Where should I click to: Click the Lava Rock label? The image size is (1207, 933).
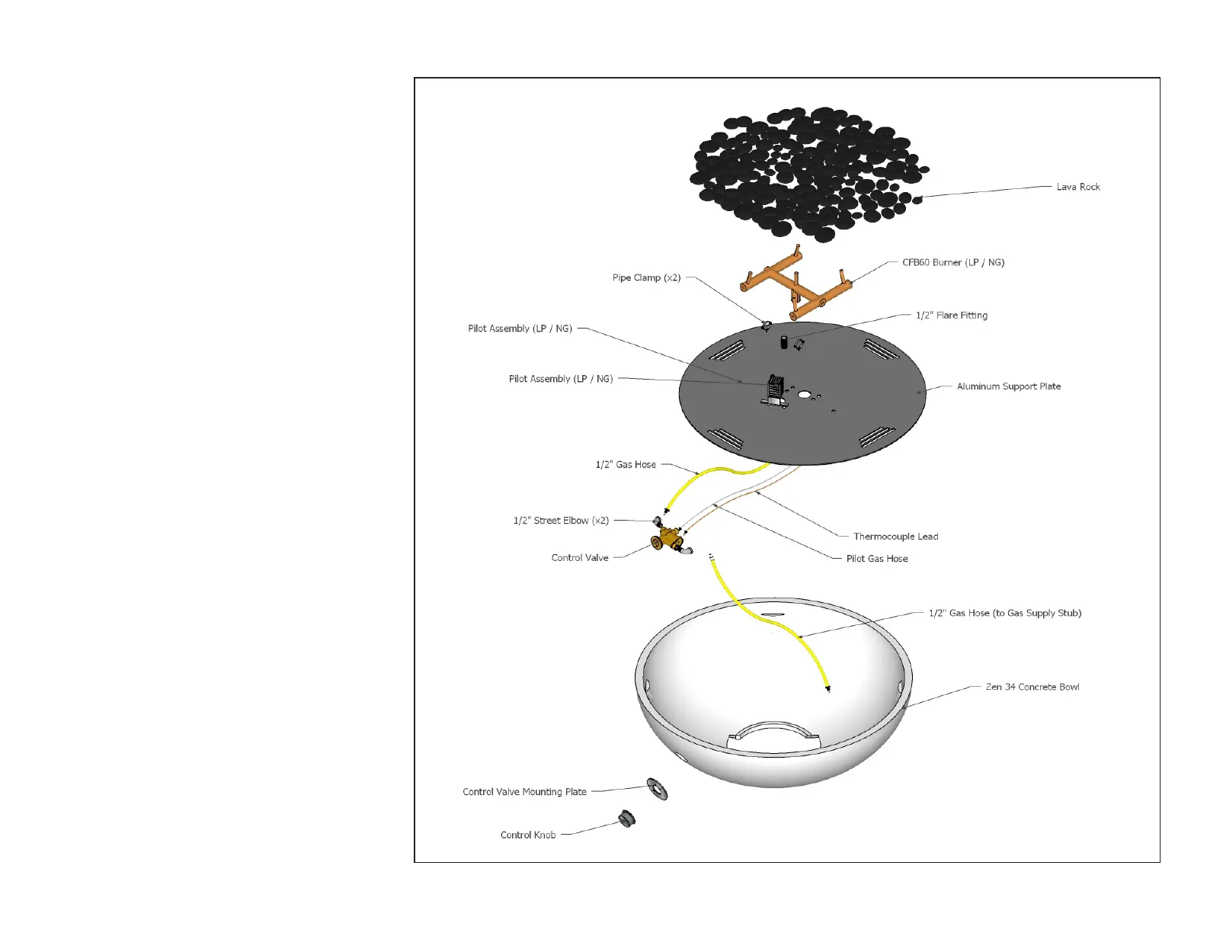coord(1077,187)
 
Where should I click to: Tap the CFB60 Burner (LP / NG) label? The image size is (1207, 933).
coord(952,262)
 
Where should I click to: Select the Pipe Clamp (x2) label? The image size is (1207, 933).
coord(646,277)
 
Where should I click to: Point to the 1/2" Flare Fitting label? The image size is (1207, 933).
coord(951,315)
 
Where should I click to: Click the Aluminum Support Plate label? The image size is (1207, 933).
coord(1008,386)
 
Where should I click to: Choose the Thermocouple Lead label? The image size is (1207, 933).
coord(895,537)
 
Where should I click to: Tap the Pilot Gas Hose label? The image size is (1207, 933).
coord(876,559)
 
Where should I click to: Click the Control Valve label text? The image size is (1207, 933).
coord(580,558)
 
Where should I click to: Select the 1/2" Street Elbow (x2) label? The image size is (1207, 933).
coord(561,521)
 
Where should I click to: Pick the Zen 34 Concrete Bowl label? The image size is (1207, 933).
coord(1032,687)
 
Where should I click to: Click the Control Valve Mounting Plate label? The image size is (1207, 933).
coord(524,792)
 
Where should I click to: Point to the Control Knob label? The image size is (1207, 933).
coord(528,835)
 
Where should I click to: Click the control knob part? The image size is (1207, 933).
coord(627,819)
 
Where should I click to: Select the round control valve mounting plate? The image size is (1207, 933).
coord(657,789)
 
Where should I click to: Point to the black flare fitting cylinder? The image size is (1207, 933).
coord(783,342)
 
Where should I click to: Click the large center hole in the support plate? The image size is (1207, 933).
coord(805,396)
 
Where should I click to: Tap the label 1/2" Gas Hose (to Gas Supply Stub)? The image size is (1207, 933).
coord(1004,613)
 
